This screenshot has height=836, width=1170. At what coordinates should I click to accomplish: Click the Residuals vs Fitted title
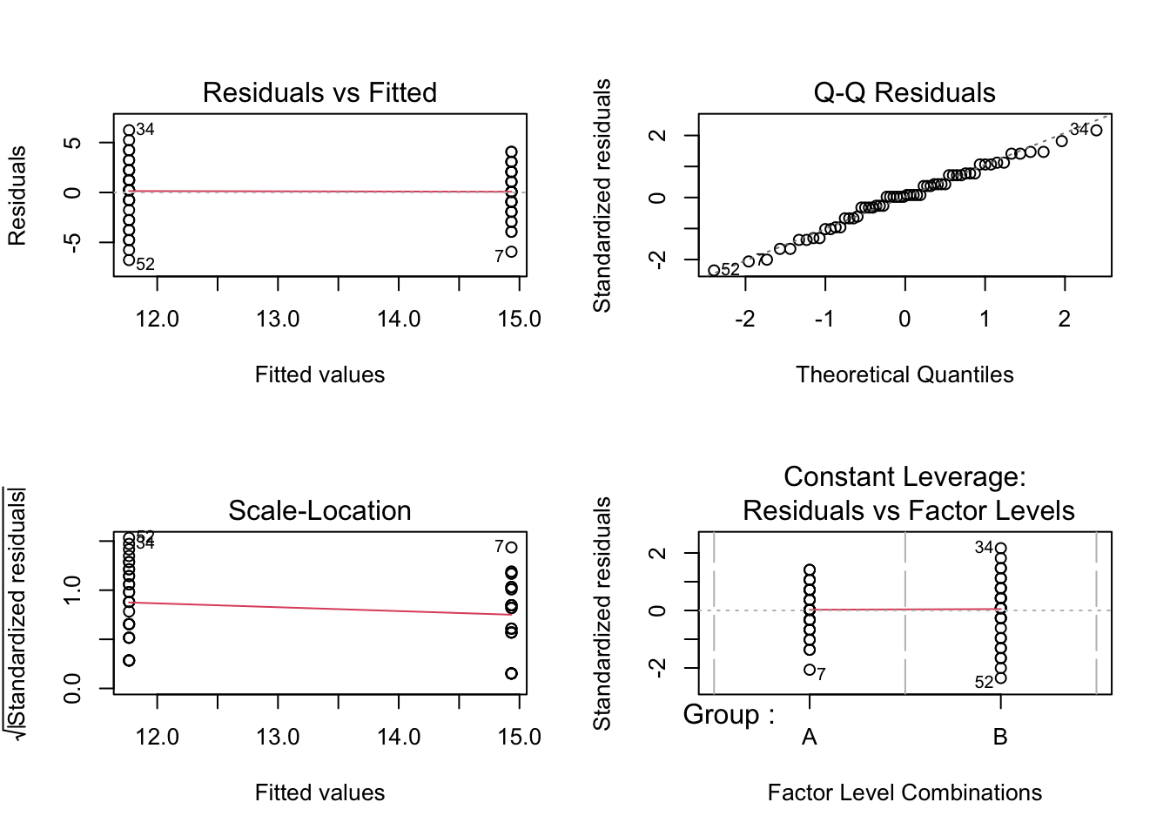(x=319, y=92)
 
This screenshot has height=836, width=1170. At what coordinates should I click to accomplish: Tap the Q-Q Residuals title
(x=904, y=92)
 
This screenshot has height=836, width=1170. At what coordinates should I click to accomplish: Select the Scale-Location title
(x=319, y=510)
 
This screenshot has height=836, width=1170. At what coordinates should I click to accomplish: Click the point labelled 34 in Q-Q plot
(x=1096, y=131)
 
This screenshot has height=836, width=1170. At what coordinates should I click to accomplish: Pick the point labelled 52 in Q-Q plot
(x=714, y=271)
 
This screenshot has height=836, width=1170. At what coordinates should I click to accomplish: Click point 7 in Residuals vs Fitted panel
(x=511, y=252)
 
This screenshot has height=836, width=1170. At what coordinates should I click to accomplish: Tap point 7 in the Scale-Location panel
(x=511, y=548)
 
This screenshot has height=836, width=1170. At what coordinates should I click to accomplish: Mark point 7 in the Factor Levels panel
(x=810, y=670)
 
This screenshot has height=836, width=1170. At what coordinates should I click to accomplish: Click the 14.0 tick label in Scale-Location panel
(x=399, y=737)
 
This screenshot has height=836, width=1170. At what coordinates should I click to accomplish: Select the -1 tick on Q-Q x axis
(x=824, y=319)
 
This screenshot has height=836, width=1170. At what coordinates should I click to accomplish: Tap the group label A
(x=810, y=737)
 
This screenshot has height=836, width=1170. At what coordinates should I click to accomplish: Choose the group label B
(x=1000, y=737)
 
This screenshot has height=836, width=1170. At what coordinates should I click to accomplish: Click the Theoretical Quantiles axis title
(x=904, y=374)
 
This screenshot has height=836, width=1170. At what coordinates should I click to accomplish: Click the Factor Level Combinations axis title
(x=904, y=792)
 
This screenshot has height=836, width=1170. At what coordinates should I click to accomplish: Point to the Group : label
(x=729, y=715)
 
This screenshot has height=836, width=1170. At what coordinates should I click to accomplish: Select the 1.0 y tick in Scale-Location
(x=73, y=590)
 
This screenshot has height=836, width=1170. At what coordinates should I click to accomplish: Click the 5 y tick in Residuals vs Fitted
(x=73, y=142)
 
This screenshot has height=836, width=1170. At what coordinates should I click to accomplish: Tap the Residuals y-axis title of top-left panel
(x=17, y=195)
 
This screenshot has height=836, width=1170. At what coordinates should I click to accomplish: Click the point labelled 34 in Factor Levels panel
(x=1000, y=549)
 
